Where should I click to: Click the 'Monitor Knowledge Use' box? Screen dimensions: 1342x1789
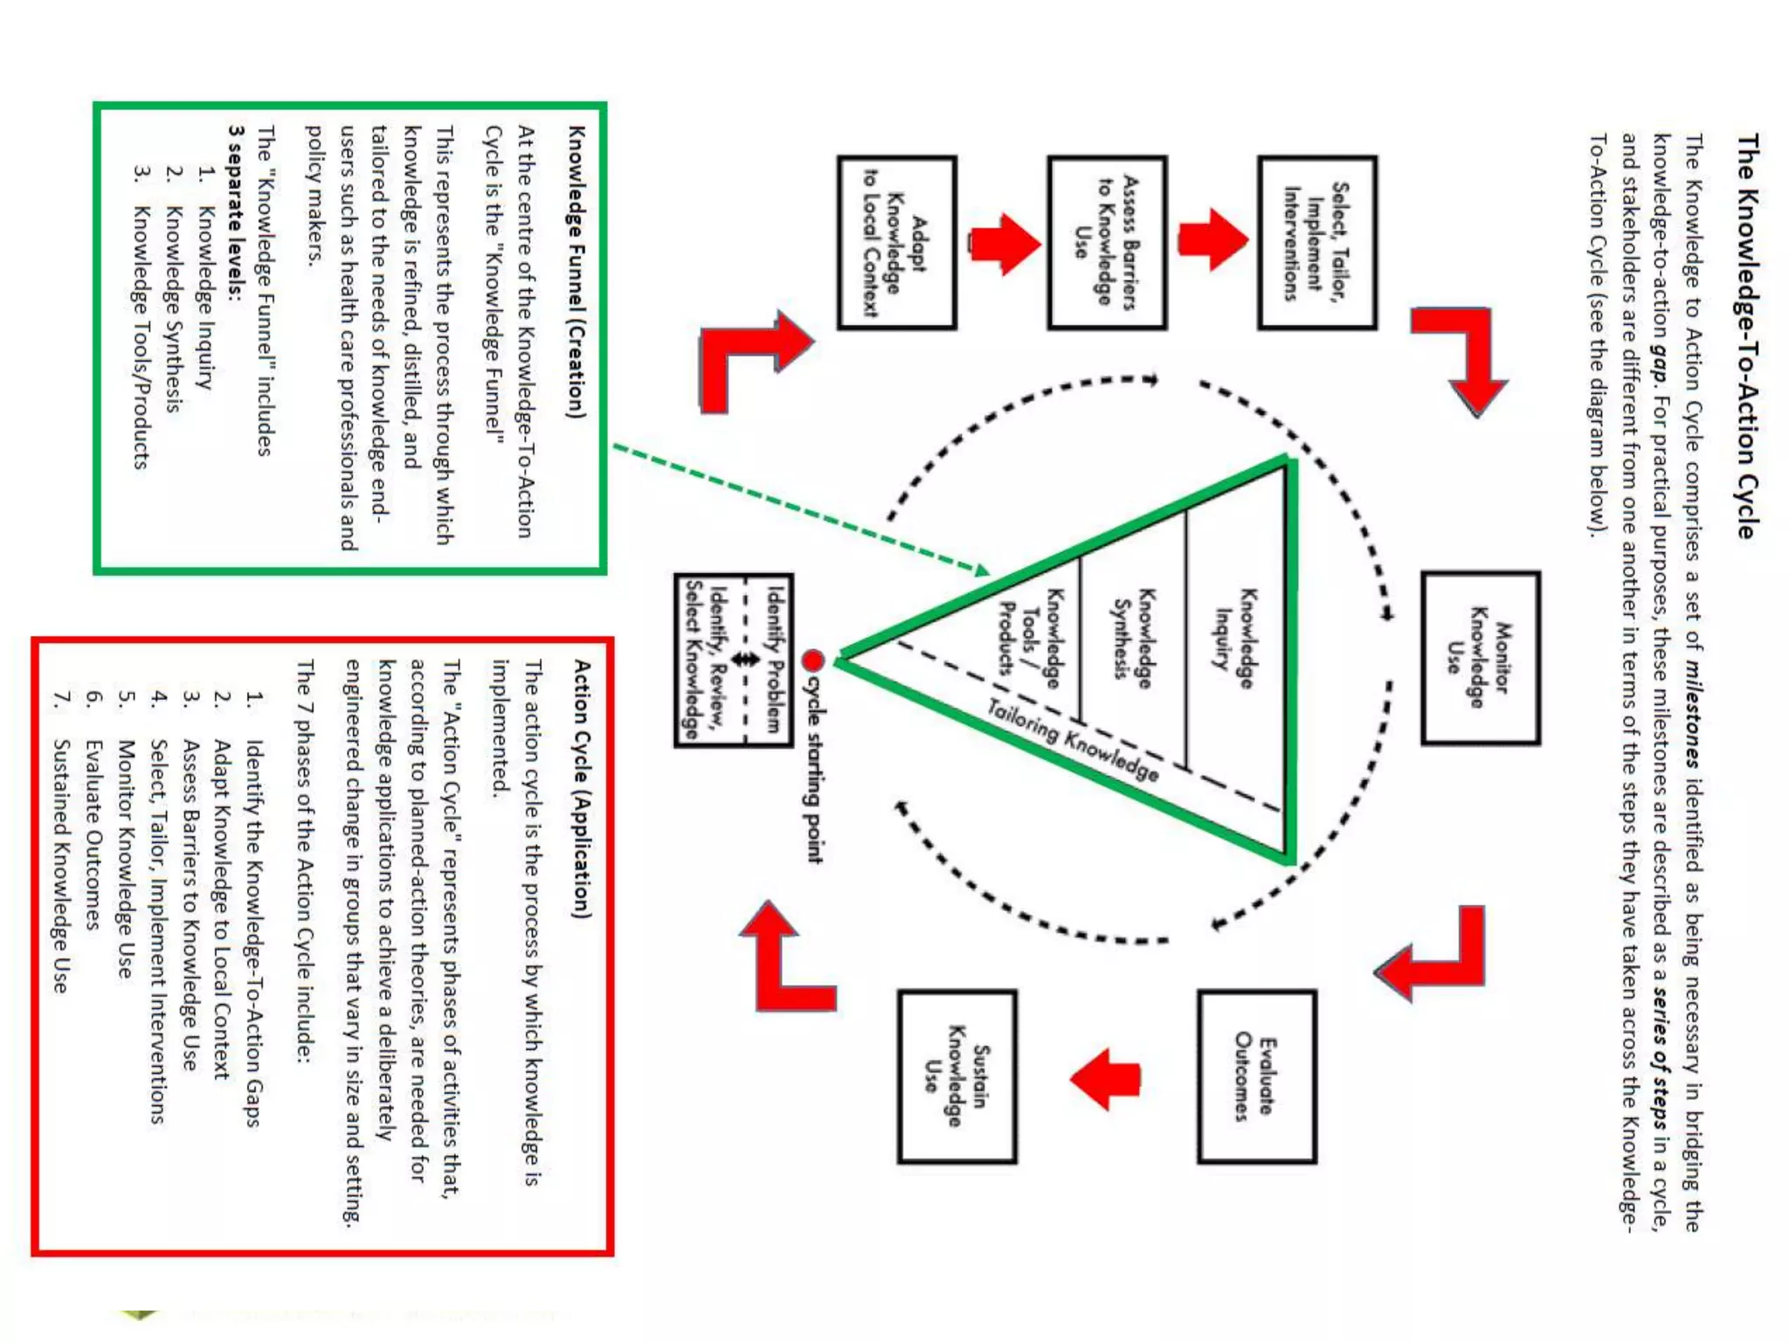[x=1480, y=658]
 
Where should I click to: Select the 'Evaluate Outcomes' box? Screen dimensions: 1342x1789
[x=1256, y=1076]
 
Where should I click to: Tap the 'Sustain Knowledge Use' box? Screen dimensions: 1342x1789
[x=957, y=1076]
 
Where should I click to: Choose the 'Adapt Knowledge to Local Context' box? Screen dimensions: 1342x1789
[x=896, y=243]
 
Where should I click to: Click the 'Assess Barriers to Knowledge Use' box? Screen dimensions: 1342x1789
[x=1107, y=243]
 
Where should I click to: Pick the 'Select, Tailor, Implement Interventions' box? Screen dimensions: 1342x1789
[x=1316, y=243]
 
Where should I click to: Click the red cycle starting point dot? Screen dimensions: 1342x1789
[x=812, y=660]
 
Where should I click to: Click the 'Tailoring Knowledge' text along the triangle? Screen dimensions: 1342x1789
[x=1074, y=740]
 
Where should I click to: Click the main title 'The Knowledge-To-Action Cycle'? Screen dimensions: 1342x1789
[x=1746, y=336]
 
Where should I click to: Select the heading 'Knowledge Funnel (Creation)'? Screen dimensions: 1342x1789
[x=577, y=272]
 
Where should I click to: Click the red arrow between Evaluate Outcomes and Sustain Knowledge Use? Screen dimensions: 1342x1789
[x=1106, y=1078]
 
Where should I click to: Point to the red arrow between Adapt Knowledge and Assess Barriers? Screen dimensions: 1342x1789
[x=1004, y=244]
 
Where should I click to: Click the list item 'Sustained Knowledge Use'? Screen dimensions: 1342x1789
[x=60, y=866]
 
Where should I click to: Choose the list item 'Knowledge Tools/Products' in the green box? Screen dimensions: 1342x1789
[x=141, y=336]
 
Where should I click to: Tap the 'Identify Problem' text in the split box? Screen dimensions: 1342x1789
[x=774, y=660]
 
